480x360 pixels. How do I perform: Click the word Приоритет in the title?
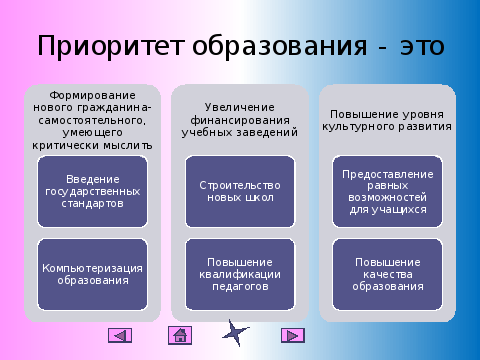111,46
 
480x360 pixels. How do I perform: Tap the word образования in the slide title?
279,46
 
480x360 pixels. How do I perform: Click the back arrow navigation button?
120,335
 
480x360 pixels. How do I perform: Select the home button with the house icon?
180,335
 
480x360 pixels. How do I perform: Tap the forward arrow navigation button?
293,335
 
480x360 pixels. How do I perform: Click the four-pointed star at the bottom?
235,333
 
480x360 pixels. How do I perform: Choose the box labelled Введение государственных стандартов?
92,192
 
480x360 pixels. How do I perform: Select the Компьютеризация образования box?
92,274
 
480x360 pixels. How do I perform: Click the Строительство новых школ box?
240,192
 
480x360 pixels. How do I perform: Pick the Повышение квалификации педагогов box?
240,274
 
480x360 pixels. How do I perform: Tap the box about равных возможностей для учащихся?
387,192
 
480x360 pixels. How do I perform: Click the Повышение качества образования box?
387,274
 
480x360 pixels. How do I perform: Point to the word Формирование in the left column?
92,96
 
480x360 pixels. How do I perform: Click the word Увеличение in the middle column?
240,107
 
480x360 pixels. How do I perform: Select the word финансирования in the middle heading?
240,120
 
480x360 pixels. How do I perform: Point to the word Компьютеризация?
92,268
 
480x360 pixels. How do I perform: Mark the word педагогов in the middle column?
240,287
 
